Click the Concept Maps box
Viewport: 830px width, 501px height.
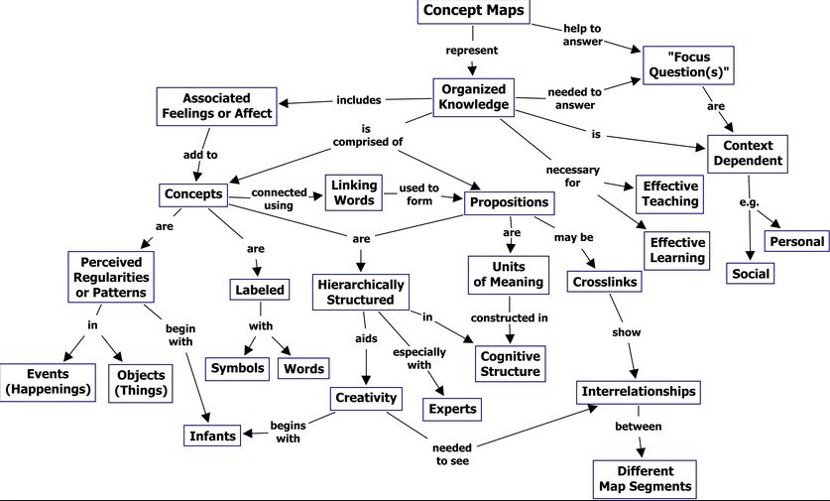[x=474, y=12]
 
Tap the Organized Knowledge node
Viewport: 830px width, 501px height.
[x=475, y=96]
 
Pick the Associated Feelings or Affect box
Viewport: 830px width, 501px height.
[x=214, y=106]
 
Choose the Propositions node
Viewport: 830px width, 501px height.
[x=509, y=202]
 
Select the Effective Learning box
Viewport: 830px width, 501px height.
[x=676, y=250]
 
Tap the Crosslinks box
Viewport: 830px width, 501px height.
[x=604, y=283]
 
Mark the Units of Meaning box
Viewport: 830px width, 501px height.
[x=508, y=274]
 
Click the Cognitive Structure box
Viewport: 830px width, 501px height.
[x=510, y=363]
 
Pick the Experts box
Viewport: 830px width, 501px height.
[x=453, y=408]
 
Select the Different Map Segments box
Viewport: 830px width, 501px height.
[x=645, y=479]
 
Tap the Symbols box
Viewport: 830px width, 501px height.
[x=238, y=368]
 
